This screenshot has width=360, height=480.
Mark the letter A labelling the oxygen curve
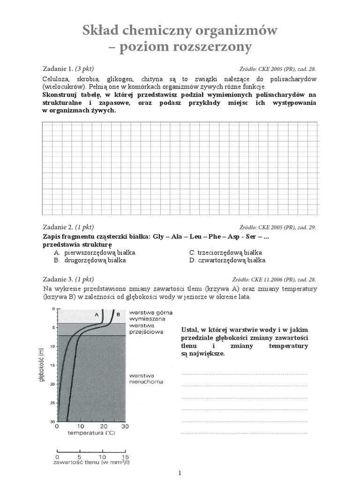pos(97,315)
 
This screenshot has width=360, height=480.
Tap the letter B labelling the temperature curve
pos(118,315)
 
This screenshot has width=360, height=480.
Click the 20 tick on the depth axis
pos(52,384)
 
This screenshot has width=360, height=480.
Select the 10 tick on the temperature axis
pos(80,427)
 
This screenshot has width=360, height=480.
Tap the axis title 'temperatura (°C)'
pos(91,434)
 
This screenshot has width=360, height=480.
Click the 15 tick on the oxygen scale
pos(125,456)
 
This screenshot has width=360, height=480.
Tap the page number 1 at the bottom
pos(180,473)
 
